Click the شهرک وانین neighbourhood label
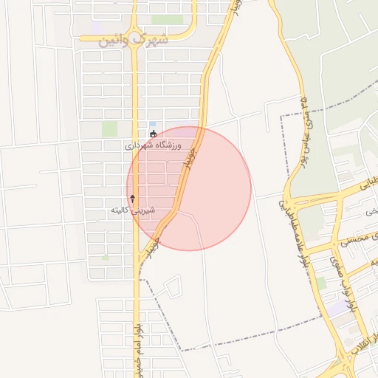click(x=134, y=39)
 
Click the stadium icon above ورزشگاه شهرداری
click(x=153, y=134)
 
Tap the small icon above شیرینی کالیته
click(x=133, y=198)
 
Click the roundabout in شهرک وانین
click(x=134, y=31)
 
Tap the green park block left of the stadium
click(x=110, y=128)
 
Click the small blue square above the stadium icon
click(x=153, y=124)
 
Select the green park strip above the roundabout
click(x=167, y=20)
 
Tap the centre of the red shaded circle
click(x=189, y=188)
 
